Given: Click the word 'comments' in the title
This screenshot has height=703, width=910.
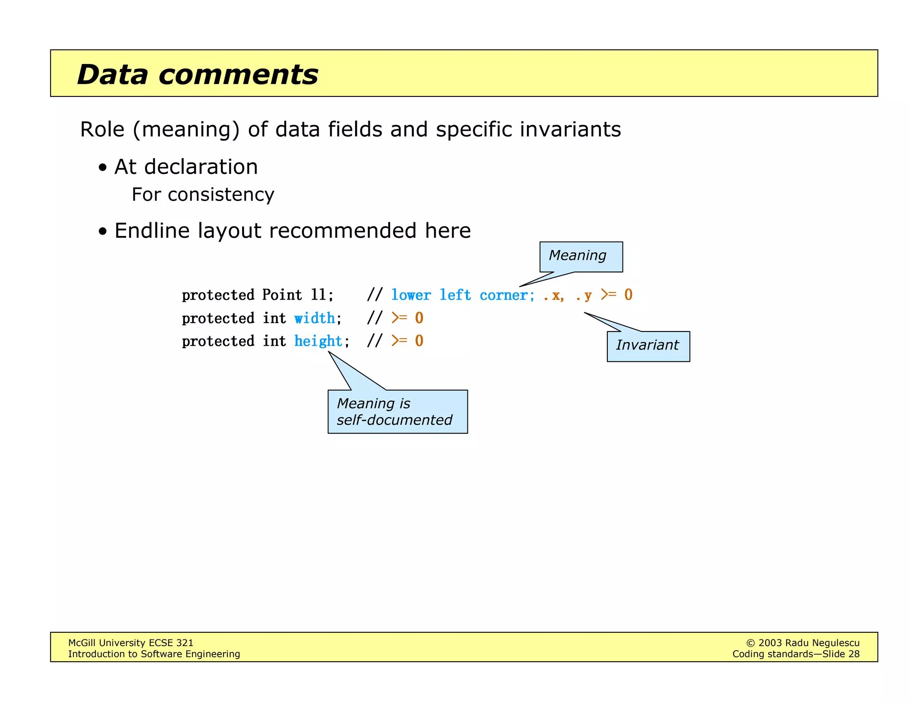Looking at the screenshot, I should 238,75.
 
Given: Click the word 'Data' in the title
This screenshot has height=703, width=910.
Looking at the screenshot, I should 112,75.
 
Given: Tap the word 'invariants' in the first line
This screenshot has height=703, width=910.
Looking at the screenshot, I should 570,130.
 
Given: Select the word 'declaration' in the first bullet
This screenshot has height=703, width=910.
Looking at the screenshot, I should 201,167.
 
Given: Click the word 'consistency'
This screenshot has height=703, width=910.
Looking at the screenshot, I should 221,195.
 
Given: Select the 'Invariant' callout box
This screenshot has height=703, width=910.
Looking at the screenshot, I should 648,346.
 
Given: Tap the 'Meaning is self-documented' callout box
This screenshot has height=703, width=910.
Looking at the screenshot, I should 397,411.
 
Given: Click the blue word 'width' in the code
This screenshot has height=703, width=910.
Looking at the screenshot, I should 315,318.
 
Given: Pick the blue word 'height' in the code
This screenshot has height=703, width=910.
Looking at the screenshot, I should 318,341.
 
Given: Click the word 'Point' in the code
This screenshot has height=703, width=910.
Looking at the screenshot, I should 282,295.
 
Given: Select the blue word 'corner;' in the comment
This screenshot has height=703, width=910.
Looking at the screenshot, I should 507,295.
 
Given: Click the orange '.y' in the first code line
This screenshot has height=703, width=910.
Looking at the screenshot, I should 584,295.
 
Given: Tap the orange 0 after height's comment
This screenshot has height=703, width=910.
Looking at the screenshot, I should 419,341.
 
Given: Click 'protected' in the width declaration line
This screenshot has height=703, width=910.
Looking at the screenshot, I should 218,318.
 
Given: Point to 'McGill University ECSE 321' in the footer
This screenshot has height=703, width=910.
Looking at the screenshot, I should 131,643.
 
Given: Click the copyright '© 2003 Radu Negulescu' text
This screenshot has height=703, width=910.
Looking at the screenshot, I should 802,643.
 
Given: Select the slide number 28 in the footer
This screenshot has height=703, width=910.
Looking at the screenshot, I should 854,654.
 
